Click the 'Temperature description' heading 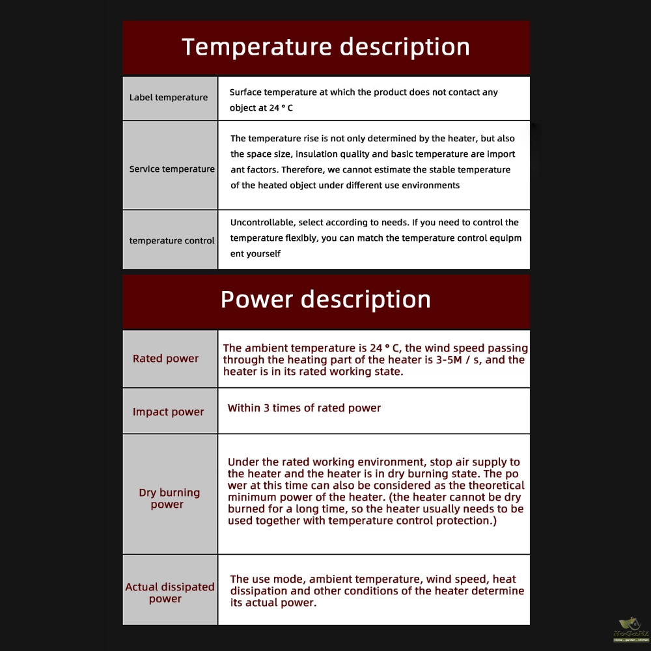click(x=325, y=48)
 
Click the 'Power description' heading click(x=325, y=299)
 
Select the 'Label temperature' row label click(x=169, y=98)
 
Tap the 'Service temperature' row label click(x=172, y=169)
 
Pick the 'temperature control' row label click(x=172, y=241)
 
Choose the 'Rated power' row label click(x=166, y=359)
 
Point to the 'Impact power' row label click(x=169, y=412)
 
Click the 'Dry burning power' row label click(x=169, y=499)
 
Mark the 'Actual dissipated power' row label click(x=170, y=593)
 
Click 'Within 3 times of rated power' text click(x=304, y=408)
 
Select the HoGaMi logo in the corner click(x=630, y=630)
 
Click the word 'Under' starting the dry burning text click(x=243, y=462)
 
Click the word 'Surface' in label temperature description click(x=245, y=92)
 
